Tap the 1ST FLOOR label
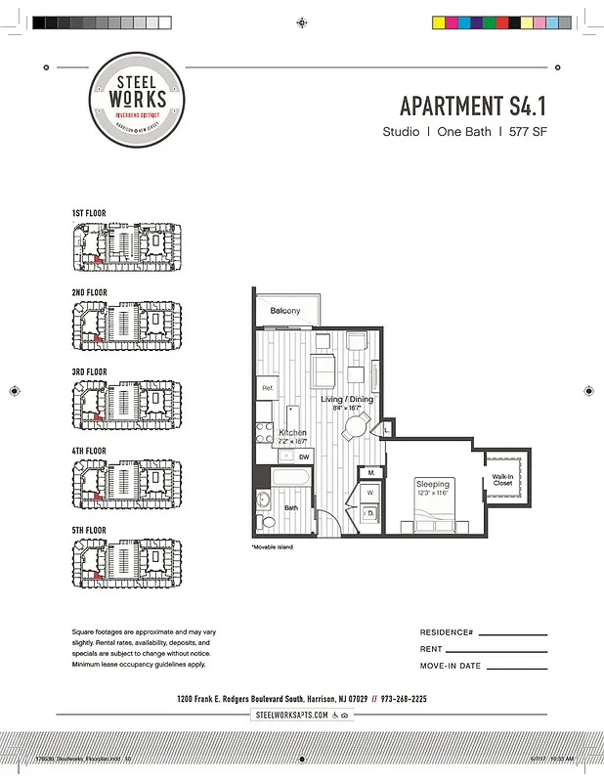coord(89,213)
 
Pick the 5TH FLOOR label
coord(89,531)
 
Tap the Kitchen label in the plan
coord(293,432)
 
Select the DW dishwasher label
coord(304,456)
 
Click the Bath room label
coord(291,508)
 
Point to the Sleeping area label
coord(433,484)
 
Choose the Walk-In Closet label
coord(502,479)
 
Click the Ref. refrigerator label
coord(267,388)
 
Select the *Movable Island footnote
coord(272,546)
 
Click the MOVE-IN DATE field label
coord(450,666)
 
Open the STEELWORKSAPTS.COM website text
coord(291,716)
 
